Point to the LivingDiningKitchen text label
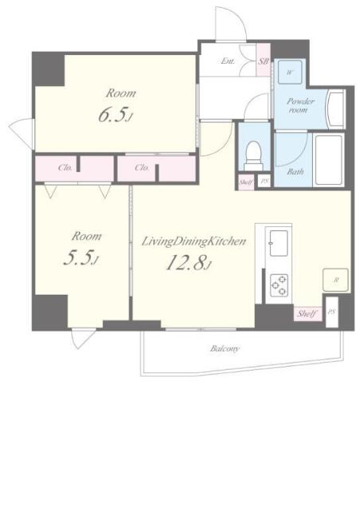(194, 241)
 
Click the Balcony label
(225, 349)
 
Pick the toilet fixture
(253, 156)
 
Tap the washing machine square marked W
(290, 73)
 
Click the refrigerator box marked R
(335, 280)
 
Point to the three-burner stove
(280, 285)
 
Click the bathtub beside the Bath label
(328, 160)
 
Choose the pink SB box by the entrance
(264, 61)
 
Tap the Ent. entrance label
(228, 61)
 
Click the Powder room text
(299, 105)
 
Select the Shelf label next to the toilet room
(246, 182)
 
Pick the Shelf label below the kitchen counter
(307, 313)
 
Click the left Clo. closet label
(65, 168)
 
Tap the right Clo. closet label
(142, 168)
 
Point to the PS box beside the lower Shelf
(332, 312)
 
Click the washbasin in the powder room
(336, 109)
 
